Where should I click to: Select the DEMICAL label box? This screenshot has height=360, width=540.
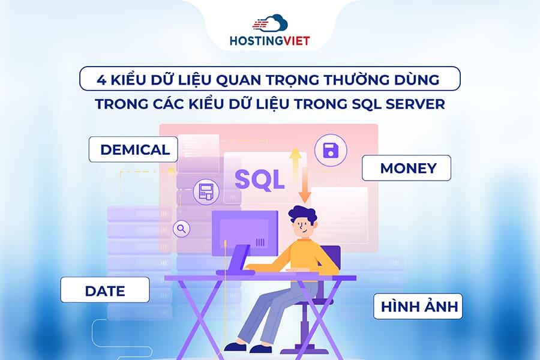point(134,149)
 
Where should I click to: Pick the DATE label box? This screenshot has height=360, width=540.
point(105,292)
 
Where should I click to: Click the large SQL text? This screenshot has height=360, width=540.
point(259,179)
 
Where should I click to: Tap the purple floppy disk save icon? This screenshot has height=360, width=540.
point(331,150)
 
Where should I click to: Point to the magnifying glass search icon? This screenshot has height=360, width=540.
point(181,228)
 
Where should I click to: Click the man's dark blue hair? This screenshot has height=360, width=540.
point(304,214)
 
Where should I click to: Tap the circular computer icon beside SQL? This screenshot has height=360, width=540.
point(205,191)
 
